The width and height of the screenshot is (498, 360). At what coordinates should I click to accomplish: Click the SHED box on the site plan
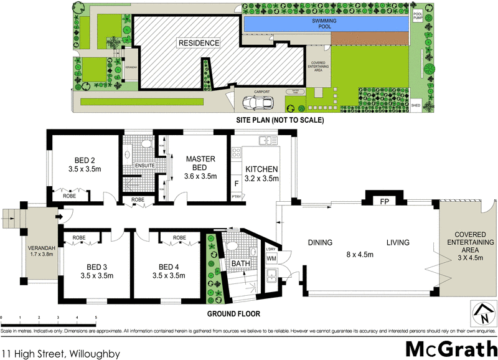[x=416, y=106]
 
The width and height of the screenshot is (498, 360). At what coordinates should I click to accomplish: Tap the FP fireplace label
[x=385, y=201]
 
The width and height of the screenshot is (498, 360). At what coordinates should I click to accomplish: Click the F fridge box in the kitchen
[x=237, y=184]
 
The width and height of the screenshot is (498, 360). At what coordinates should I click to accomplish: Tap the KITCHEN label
[x=261, y=169]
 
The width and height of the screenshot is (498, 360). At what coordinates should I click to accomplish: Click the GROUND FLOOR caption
[x=235, y=314]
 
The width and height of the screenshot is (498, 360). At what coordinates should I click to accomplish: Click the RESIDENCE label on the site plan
[x=199, y=44]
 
